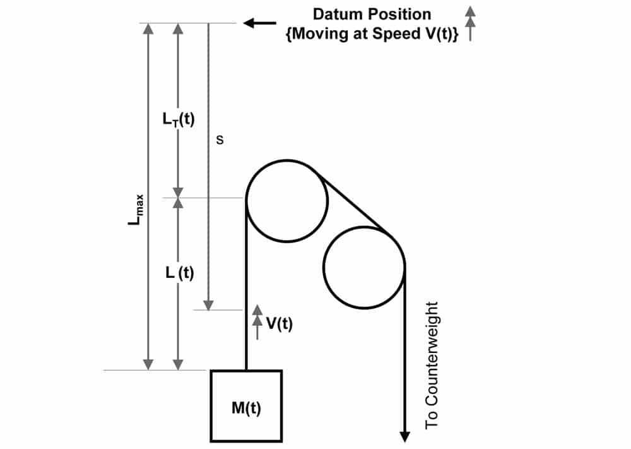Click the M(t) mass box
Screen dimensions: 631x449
click(246, 406)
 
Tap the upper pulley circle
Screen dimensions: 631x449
click(246, 201)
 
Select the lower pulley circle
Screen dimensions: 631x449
click(323, 268)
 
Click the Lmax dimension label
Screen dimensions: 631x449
click(136, 210)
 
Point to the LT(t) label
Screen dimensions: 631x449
click(179, 119)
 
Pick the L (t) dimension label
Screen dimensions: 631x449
click(179, 273)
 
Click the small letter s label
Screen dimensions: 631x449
click(220, 140)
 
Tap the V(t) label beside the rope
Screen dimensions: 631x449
click(280, 323)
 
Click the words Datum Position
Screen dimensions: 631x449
click(372, 14)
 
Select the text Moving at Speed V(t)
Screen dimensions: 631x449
click(372, 33)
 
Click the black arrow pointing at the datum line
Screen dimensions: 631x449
click(260, 23)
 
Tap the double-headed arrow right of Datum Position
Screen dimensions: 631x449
click(470, 23)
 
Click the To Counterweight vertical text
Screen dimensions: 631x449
click(432, 365)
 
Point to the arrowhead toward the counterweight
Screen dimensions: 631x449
click(405, 437)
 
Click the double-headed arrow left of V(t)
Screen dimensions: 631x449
click(257, 322)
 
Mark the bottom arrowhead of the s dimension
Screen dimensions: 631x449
click(208, 305)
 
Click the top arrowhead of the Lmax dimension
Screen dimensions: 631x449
click(148, 28)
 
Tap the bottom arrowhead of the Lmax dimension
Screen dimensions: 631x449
click(148, 364)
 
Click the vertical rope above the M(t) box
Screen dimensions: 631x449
click(246, 285)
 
